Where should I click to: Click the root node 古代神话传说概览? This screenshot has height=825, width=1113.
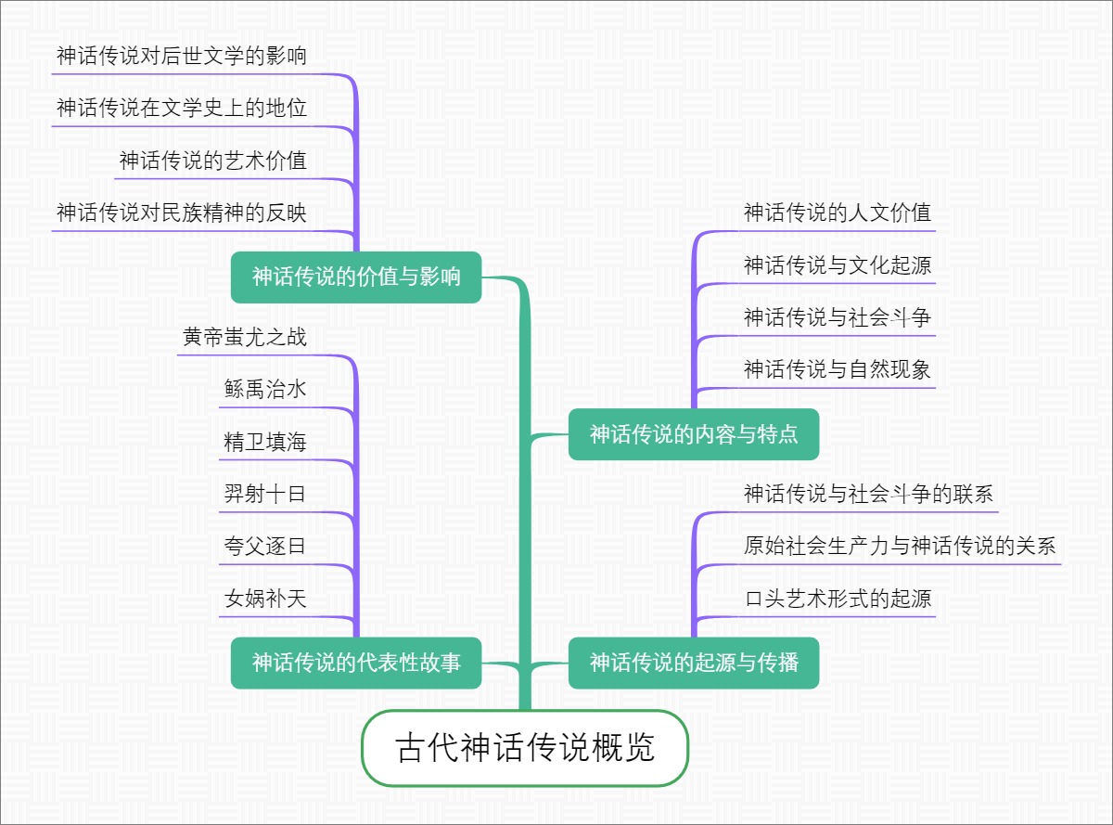(525, 748)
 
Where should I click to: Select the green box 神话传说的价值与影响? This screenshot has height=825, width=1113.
(356, 277)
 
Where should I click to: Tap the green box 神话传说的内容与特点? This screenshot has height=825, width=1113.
(694, 433)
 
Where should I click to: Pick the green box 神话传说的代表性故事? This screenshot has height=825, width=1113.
(356, 663)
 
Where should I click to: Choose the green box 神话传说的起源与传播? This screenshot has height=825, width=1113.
(694, 663)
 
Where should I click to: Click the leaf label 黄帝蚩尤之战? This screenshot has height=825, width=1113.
(245, 338)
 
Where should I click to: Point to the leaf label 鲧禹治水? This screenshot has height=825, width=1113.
(265, 390)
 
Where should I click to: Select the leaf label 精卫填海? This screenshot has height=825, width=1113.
(265, 442)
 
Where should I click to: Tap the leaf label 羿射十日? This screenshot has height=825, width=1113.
(265, 494)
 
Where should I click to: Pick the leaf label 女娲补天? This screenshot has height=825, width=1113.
(265, 599)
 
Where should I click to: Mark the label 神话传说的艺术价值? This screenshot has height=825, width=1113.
(212, 161)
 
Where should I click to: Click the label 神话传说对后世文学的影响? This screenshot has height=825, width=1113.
(181, 57)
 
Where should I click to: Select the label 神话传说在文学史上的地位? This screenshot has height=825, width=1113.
(181, 109)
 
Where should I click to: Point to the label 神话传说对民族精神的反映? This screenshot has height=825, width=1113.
(181, 213)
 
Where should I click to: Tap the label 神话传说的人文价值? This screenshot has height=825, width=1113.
(838, 213)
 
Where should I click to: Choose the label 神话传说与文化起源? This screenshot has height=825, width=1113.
(838, 266)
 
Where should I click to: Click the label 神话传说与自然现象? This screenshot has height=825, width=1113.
(838, 370)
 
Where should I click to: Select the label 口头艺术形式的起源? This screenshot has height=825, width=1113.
(838, 599)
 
